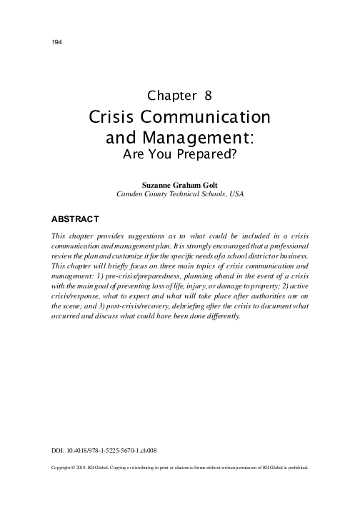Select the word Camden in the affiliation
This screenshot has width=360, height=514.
coord(133,193)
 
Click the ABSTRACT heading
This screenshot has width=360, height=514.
coord(76,217)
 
